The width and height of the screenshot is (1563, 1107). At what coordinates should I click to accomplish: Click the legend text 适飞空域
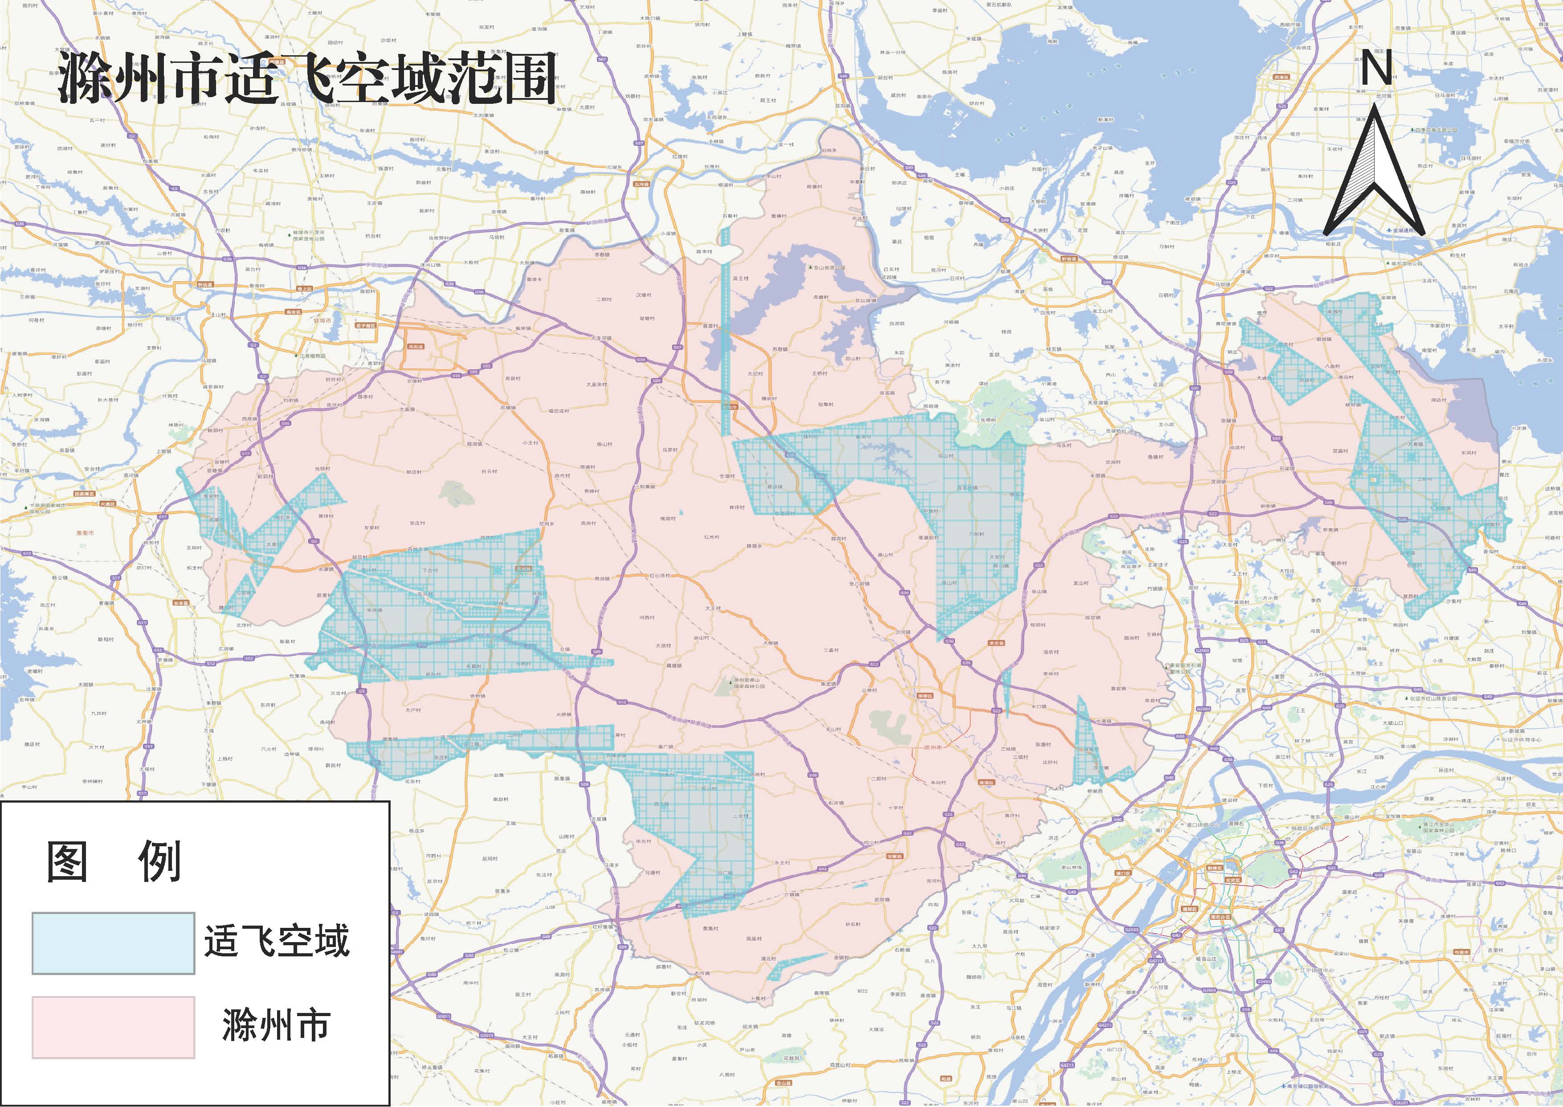click(x=277, y=941)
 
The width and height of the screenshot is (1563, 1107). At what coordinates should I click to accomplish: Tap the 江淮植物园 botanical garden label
click(x=314, y=356)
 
